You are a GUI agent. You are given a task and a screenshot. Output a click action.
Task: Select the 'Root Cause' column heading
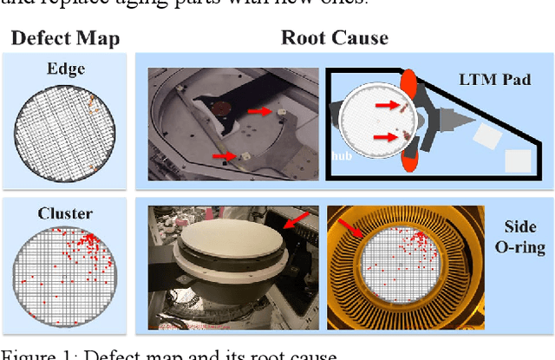pos(334,38)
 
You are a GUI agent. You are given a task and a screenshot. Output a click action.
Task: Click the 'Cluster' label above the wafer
pos(65,213)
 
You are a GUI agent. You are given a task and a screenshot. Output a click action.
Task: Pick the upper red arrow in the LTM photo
pos(259,112)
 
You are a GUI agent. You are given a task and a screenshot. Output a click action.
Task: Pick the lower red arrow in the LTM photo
pos(225,157)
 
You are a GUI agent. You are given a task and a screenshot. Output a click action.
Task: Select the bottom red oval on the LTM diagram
pos(412,162)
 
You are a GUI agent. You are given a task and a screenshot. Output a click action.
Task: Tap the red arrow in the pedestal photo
pos(297,223)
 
